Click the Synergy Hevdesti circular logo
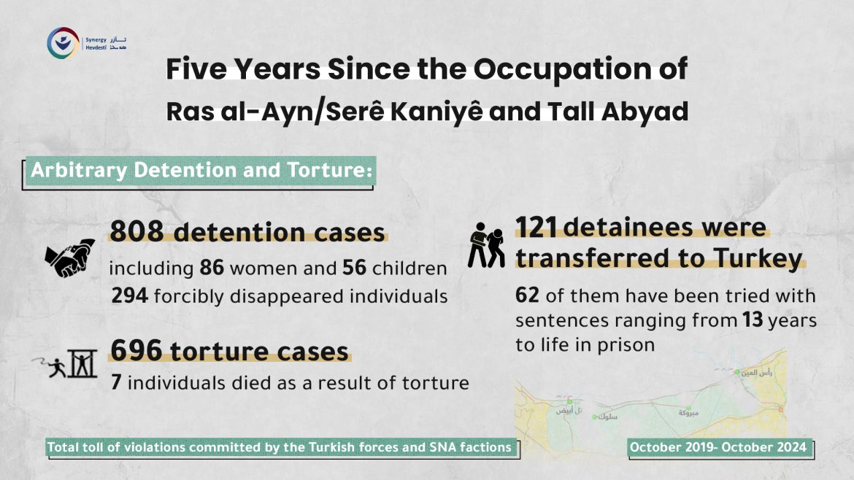pyautogui.click(x=61, y=44)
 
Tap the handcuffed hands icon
pyautogui.click(x=70, y=258)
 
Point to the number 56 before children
pyautogui.click(x=355, y=268)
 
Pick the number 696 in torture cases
pyautogui.click(x=136, y=351)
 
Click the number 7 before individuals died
pyautogui.click(x=115, y=382)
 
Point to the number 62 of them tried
pyautogui.click(x=527, y=296)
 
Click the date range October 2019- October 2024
pyautogui.click(x=719, y=447)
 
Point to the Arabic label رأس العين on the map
pyautogui.click(x=756, y=373)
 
